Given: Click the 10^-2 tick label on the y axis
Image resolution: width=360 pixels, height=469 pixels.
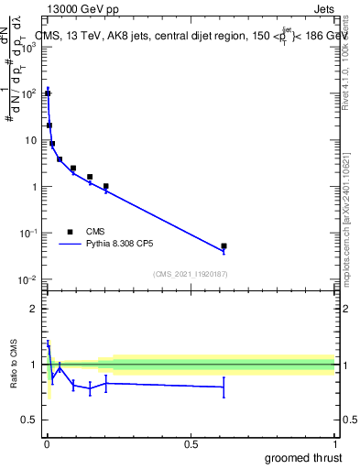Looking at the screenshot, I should pos(27,279).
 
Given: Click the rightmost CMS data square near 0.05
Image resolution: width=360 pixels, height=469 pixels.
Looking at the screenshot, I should pos(224,246).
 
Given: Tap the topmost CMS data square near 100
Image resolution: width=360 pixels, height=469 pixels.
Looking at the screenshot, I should pos(48,93).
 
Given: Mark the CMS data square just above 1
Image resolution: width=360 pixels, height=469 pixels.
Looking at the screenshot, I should pos(106,186).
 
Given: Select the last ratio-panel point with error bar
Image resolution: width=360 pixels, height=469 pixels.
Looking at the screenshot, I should pos(224,387).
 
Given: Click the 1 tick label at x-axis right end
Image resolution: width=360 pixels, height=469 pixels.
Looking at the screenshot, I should pos(333,442).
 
